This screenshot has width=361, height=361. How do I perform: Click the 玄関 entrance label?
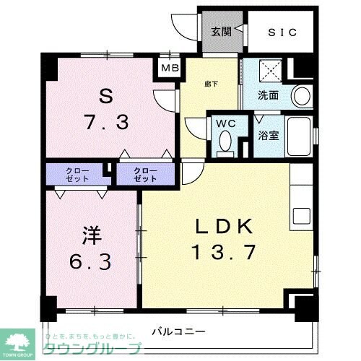click(x=220, y=31)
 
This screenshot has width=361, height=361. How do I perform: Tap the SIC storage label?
click(x=282, y=31)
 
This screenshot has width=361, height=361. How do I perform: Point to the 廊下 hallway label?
click(x=212, y=84)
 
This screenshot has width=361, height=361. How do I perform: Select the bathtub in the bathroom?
click(x=303, y=136)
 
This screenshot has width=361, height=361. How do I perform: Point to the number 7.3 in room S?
click(x=106, y=121)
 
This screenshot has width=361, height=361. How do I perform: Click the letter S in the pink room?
click(x=105, y=95)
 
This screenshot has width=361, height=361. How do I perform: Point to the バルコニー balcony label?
click(x=178, y=332)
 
